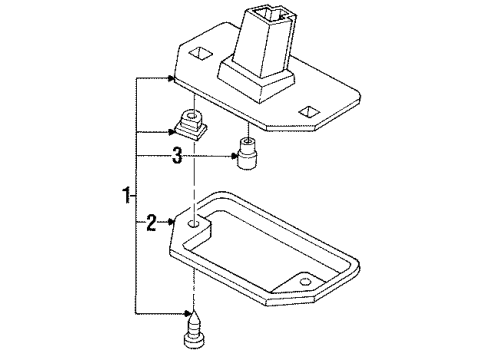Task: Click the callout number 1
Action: tap(125, 194)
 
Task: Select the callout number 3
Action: tap(176, 155)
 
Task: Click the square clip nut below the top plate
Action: tap(189, 126)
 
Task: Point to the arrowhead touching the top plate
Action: tap(172, 77)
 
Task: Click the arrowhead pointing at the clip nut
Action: tap(172, 130)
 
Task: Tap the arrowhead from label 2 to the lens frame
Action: tap(172, 222)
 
